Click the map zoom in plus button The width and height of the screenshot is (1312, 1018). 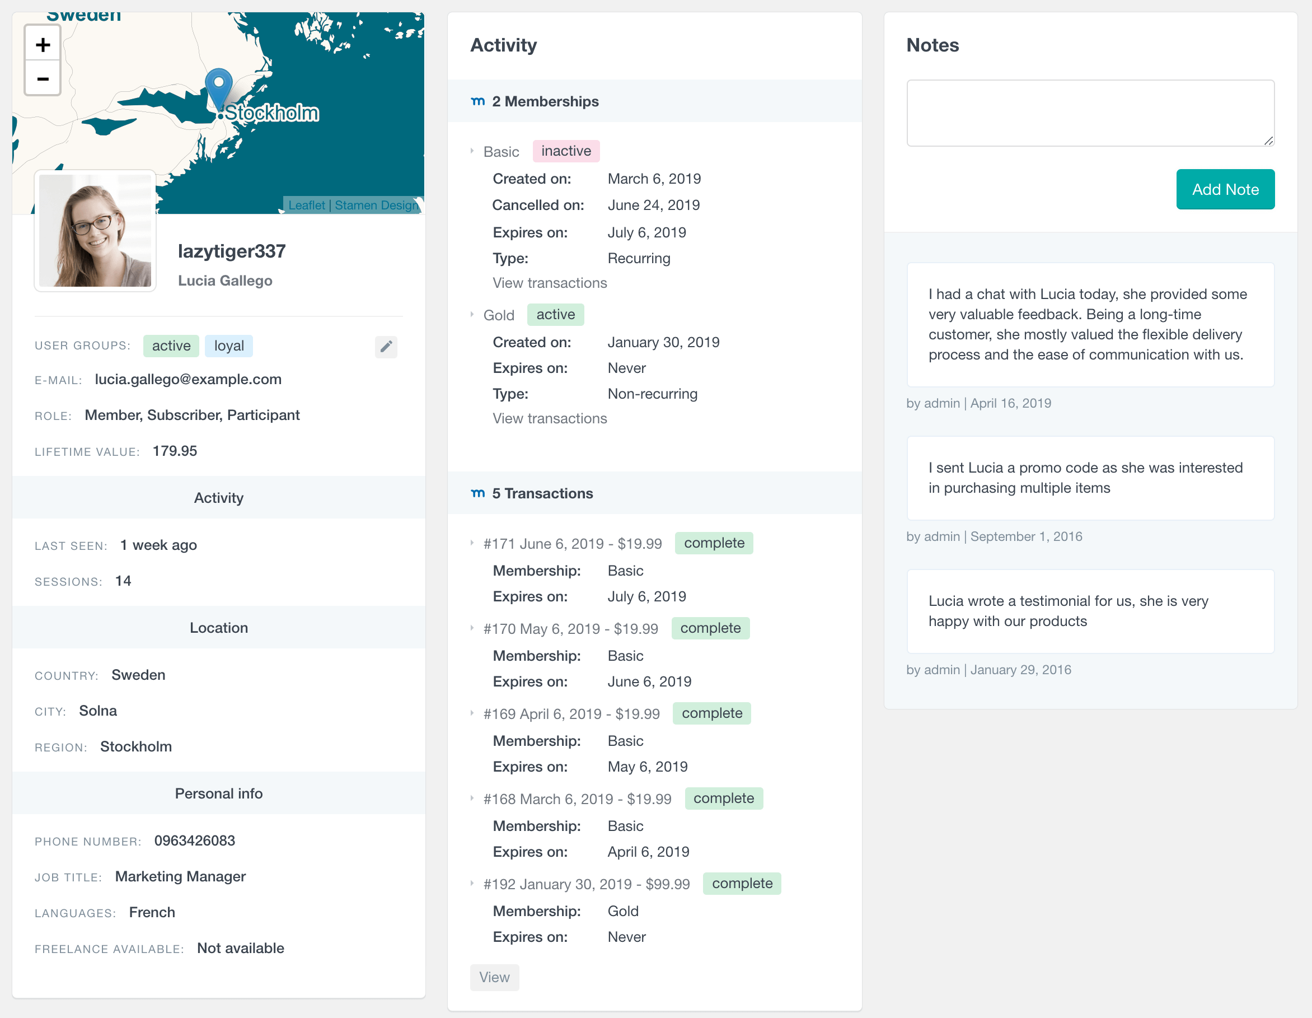[x=43, y=44]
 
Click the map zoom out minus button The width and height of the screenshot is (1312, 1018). [x=43, y=79]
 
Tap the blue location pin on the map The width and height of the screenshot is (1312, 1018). [x=219, y=86]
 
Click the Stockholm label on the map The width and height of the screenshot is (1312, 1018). [x=271, y=113]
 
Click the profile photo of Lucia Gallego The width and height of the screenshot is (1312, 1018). [x=95, y=230]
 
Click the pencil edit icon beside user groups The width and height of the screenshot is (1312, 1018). [x=386, y=346]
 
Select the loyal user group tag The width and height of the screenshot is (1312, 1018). [x=229, y=346]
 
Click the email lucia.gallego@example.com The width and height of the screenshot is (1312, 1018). [x=188, y=379]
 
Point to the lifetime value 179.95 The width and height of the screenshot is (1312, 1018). [x=175, y=451]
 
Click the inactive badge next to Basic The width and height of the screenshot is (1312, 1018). [x=566, y=151]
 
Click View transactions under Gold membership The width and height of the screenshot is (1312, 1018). [x=550, y=418]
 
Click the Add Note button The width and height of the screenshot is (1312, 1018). [x=1225, y=189]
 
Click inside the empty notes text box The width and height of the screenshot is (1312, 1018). [x=1090, y=113]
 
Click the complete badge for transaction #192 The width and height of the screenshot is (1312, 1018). [x=742, y=884]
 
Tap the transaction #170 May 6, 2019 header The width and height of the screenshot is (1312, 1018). [x=571, y=629]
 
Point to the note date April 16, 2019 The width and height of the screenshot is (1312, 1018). [x=1010, y=403]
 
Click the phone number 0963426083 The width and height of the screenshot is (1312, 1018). [x=195, y=840]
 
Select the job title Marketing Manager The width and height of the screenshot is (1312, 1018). [x=180, y=876]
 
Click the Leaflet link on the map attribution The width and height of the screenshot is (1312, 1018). [x=306, y=206]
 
